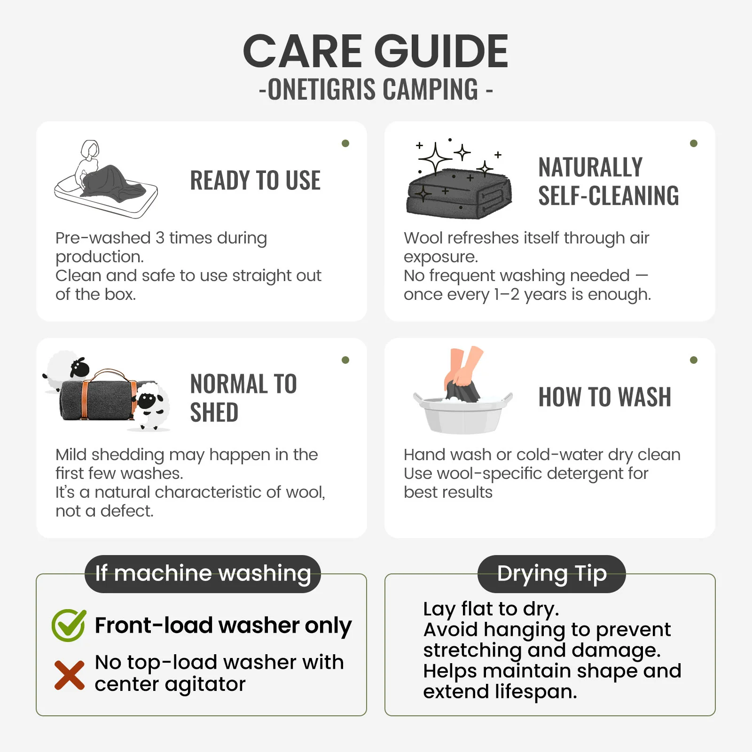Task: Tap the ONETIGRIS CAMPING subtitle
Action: [376, 89]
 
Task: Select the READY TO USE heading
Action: [255, 180]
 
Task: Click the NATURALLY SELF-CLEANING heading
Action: [609, 181]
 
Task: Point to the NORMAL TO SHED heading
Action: [243, 398]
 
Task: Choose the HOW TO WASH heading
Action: [605, 397]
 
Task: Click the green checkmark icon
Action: [69, 625]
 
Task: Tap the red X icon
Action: [70, 675]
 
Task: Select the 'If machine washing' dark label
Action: [203, 574]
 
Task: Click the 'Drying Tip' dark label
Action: [552, 574]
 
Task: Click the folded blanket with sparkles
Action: [459, 193]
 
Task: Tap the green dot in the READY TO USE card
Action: [345, 143]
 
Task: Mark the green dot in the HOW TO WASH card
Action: [694, 360]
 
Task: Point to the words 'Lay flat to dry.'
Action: [491, 609]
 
